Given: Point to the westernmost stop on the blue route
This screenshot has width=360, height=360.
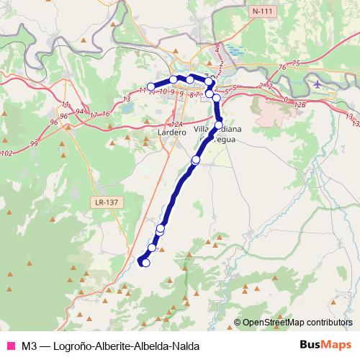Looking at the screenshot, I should (151, 87).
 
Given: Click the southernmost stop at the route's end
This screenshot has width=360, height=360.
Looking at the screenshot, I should (145, 263).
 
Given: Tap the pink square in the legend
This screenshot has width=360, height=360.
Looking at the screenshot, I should (10, 344).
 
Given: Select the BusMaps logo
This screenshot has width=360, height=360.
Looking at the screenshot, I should (325, 343).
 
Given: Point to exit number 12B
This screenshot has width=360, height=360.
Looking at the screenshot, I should (300, 105).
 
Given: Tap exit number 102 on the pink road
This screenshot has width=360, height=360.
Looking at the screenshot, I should (7, 153).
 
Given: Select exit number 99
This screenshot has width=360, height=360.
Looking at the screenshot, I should (34, 144).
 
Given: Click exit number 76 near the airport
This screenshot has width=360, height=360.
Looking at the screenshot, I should (283, 67).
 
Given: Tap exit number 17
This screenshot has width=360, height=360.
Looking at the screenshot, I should (94, 114).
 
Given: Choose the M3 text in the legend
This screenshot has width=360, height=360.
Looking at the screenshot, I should (29, 344).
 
